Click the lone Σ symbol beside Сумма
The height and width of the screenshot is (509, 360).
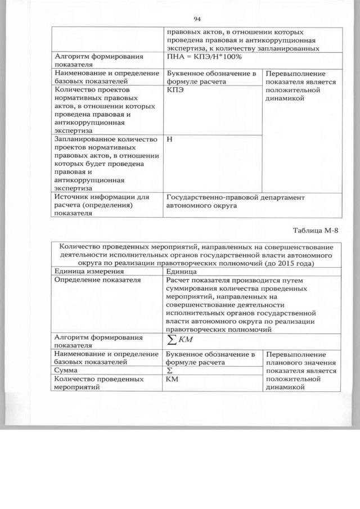click(169, 371)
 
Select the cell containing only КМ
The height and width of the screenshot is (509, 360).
click(172, 380)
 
